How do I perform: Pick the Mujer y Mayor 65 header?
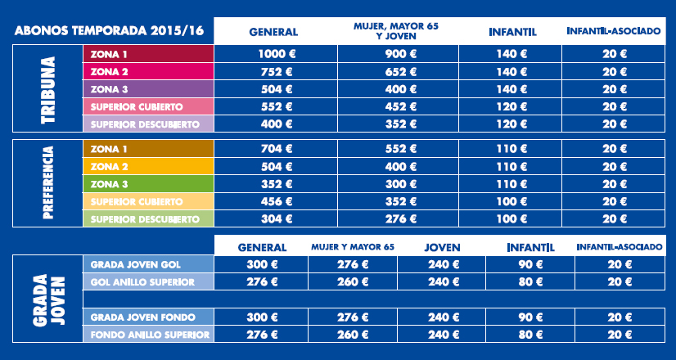[353, 246]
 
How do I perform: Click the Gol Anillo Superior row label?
[147, 282]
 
